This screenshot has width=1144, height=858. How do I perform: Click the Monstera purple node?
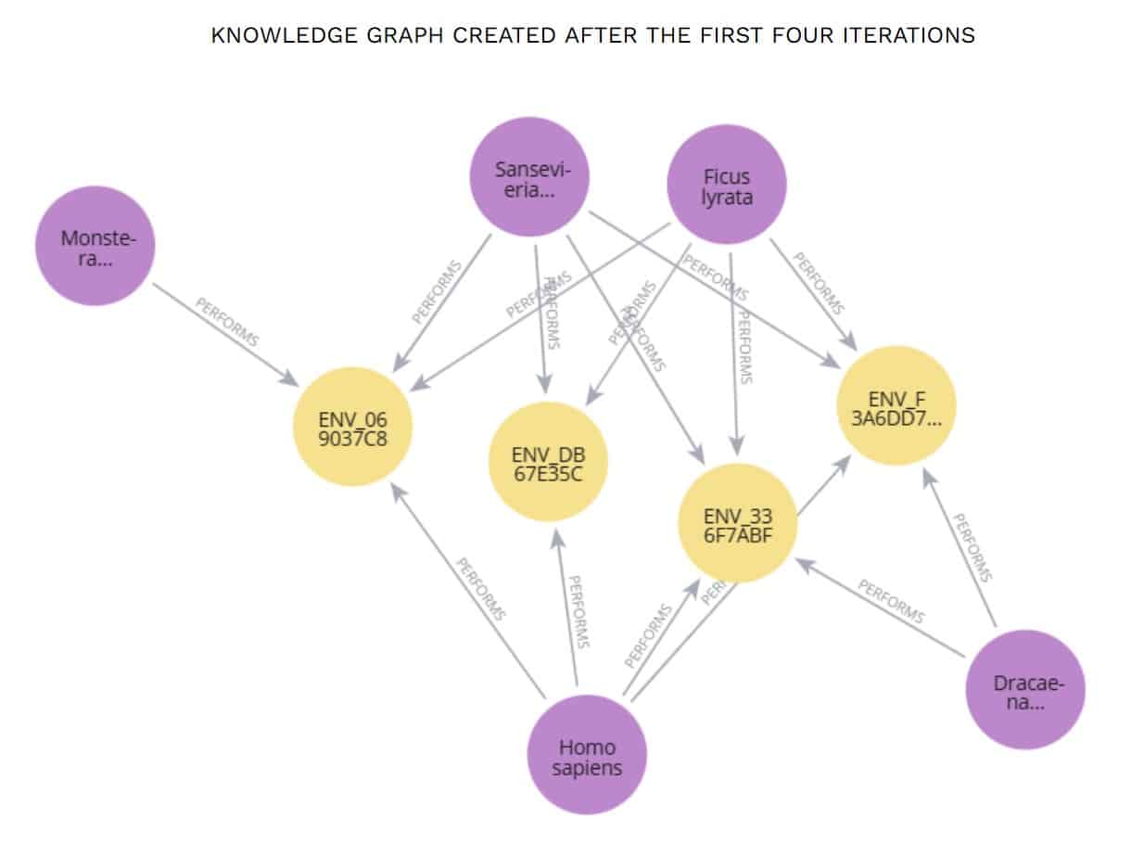95,246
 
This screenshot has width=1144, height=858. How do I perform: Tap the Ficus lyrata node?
727,185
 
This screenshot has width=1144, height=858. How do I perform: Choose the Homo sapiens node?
587,755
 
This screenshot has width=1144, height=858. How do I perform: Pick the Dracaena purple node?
1024,689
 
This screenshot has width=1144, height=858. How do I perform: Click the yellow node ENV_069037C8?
352,427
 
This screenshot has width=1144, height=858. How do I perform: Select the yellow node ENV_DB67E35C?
548,462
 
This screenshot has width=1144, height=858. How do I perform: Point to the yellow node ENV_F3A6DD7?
896,406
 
